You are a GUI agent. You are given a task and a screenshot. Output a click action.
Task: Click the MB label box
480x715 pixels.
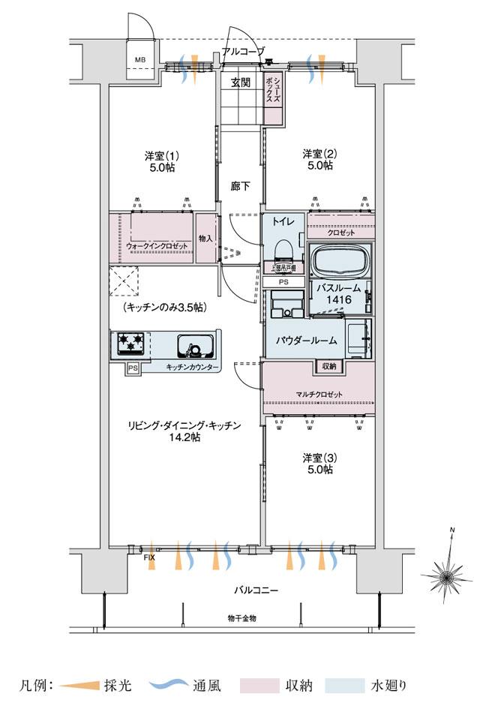pyautogui.click(x=140, y=59)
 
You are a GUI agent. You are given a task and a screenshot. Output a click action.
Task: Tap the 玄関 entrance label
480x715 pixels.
pyautogui.click(x=240, y=83)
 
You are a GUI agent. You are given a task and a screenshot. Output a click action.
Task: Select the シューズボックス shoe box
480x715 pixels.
pyautogui.click(x=274, y=89)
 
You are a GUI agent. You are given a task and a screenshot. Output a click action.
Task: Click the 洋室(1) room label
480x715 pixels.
pyautogui.click(x=160, y=161)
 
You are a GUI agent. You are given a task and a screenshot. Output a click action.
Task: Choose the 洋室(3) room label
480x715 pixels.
pyautogui.click(x=319, y=463)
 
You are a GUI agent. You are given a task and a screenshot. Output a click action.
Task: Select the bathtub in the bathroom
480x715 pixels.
pyautogui.click(x=342, y=261)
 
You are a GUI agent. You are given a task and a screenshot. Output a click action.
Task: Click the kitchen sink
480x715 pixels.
pyautogui.click(x=196, y=347)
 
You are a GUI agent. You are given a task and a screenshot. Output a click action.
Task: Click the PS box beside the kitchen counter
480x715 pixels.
pyautogui.click(x=133, y=368)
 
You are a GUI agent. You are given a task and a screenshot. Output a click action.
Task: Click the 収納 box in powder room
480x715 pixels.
pyautogui.click(x=328, y=366)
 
